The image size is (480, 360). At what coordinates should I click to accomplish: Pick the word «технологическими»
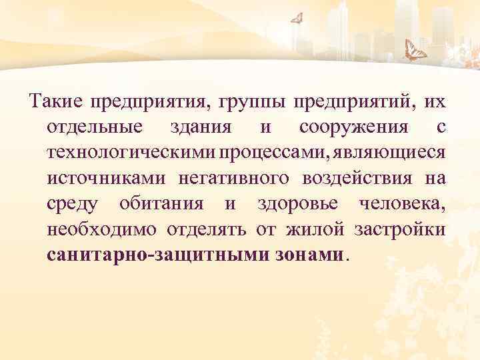131,153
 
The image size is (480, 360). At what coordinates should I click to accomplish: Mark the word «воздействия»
357,178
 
